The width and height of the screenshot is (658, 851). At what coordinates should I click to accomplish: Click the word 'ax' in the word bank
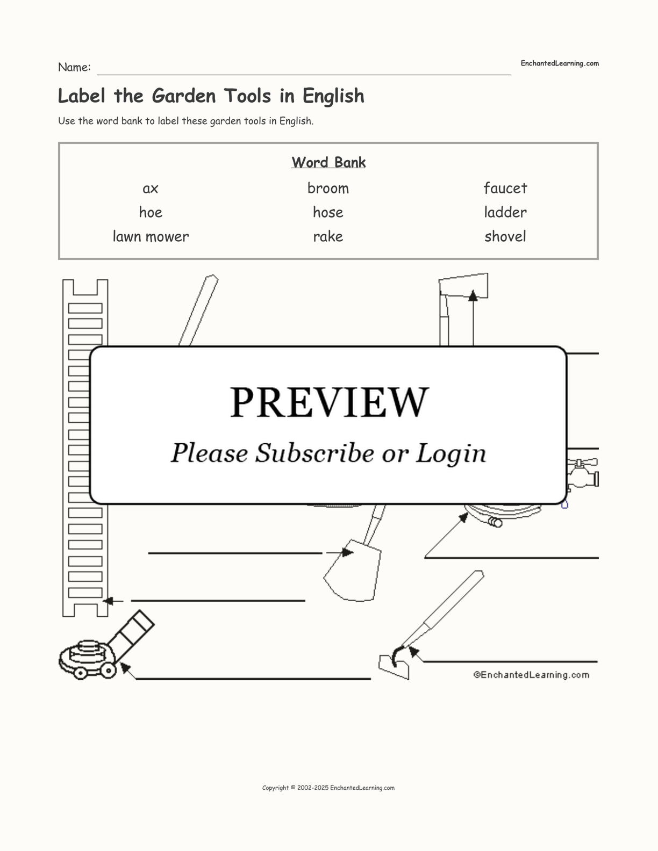point(151,189)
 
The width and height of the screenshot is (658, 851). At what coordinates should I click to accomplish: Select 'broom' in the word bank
point(328,188)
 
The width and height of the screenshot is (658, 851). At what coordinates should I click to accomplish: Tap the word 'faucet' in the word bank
point(505,188)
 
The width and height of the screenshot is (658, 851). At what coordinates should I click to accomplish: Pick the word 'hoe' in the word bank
point(151,212)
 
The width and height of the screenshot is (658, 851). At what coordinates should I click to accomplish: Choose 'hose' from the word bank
point(328,212)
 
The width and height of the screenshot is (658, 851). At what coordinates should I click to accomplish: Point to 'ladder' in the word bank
point(505,212)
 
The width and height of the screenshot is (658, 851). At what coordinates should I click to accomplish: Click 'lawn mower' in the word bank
point(151,236)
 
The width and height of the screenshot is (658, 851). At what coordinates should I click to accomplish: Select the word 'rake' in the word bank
point(328,236)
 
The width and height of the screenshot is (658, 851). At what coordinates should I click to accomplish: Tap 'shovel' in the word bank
point(505,236)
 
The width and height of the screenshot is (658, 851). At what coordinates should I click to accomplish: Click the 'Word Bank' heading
point(328,162)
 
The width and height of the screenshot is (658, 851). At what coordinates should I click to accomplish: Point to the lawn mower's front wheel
point(80,672)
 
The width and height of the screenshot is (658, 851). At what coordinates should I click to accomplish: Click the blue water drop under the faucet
point(564,504)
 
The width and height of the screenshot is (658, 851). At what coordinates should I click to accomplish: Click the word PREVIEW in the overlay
point(330,402)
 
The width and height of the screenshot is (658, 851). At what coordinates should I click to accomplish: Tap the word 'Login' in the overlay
point(451,453)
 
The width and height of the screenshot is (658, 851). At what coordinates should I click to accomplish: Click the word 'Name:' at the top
point(74,67)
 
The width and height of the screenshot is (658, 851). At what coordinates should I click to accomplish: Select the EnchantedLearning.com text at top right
point(560,63)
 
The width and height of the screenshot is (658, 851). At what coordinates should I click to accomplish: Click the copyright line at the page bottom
point(328,788)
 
